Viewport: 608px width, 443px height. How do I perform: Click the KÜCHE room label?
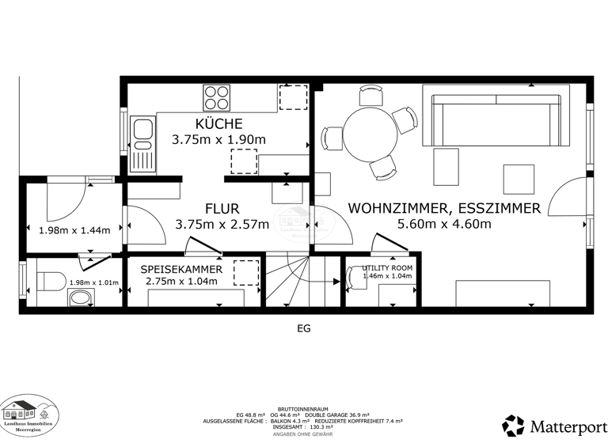(218, 123)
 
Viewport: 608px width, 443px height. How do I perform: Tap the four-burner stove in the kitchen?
(217, 97)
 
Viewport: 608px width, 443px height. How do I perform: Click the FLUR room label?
(222, 209)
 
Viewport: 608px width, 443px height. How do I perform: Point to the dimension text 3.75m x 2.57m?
(222, 224)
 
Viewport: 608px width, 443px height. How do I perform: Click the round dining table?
(370, 132)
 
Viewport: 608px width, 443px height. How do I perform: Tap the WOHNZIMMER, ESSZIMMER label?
(444, 209)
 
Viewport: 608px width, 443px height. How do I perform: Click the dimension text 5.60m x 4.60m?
(444, 224)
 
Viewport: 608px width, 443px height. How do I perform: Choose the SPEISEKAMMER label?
(181, 270)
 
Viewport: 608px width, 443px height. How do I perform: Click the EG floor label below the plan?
(303, 328)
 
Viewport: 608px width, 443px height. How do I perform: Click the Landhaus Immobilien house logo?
(28, 411)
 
